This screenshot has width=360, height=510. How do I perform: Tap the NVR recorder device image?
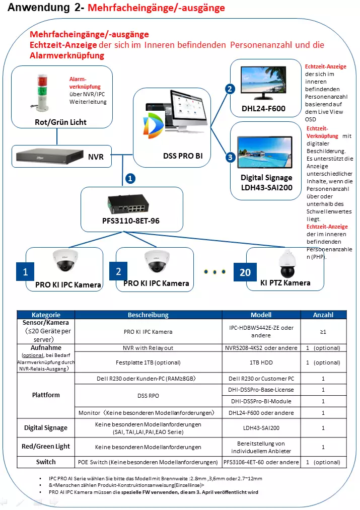[48, 156]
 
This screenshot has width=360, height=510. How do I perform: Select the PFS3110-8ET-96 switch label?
[131, 221]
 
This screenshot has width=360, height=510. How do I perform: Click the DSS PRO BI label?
[183, 157]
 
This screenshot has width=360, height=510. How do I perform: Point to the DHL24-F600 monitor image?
[263, 84]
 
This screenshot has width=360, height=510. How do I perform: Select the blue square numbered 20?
[245, 272]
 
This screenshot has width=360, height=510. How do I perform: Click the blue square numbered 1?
[25, 272]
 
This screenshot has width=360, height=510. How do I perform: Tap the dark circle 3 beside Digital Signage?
[230, 157]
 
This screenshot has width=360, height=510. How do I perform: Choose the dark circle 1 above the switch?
[130, 178]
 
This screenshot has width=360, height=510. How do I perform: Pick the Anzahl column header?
[323, 315]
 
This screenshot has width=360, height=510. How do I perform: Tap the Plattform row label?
[45, 395]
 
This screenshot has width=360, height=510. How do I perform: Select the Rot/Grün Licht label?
[60, 122]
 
